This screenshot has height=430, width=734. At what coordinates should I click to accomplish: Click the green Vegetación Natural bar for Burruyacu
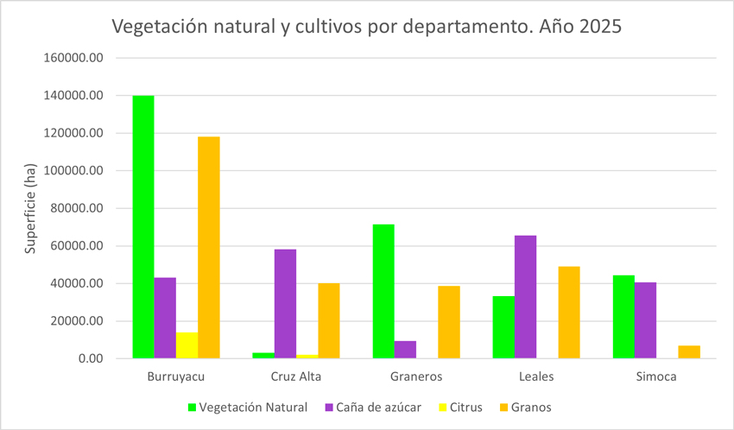pos(143,227)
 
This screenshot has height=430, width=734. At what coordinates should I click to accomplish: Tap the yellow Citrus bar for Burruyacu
pos(187,345)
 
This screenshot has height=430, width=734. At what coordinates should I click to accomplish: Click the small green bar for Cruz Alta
pos(263,355)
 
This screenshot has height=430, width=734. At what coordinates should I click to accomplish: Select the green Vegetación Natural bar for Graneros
pos(383,292)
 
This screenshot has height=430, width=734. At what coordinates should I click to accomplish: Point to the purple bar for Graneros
pos(405,350)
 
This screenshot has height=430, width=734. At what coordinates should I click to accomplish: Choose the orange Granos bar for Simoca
pos(688,352)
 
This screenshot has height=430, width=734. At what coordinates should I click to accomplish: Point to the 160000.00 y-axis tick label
pos(74,58)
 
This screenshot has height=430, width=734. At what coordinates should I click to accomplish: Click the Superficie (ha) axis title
pos(30,208)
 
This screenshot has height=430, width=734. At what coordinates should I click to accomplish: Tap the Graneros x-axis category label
pos(415,377)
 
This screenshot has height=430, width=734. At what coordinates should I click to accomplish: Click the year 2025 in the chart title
pos(600,27)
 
